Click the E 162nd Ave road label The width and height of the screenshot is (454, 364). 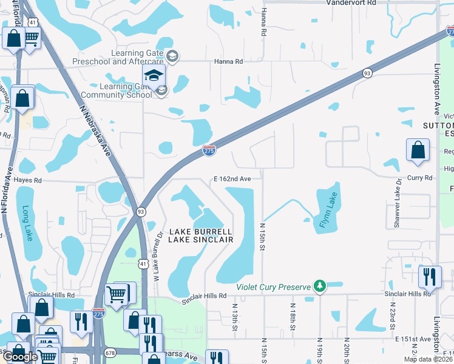232,179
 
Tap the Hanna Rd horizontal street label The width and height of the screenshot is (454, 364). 228,61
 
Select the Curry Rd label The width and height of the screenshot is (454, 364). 419,178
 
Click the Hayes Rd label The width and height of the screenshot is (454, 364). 27,180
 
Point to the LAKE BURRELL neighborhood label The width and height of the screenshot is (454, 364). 200,232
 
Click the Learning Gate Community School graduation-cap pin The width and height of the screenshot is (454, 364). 154,76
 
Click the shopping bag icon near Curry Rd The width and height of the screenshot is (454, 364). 418,151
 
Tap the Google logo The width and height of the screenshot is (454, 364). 21,356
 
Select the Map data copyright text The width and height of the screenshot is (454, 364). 425,359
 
